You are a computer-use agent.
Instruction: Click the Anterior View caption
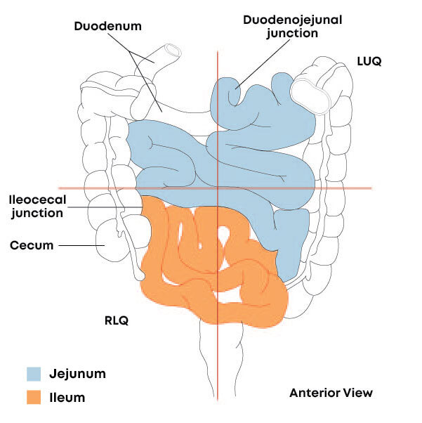pos(331,393)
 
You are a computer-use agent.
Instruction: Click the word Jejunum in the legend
pos(78,373)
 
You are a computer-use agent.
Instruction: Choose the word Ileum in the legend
pos(67,398)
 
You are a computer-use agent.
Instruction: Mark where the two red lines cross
pos(218,188)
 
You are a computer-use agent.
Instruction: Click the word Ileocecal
pos(37,198)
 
